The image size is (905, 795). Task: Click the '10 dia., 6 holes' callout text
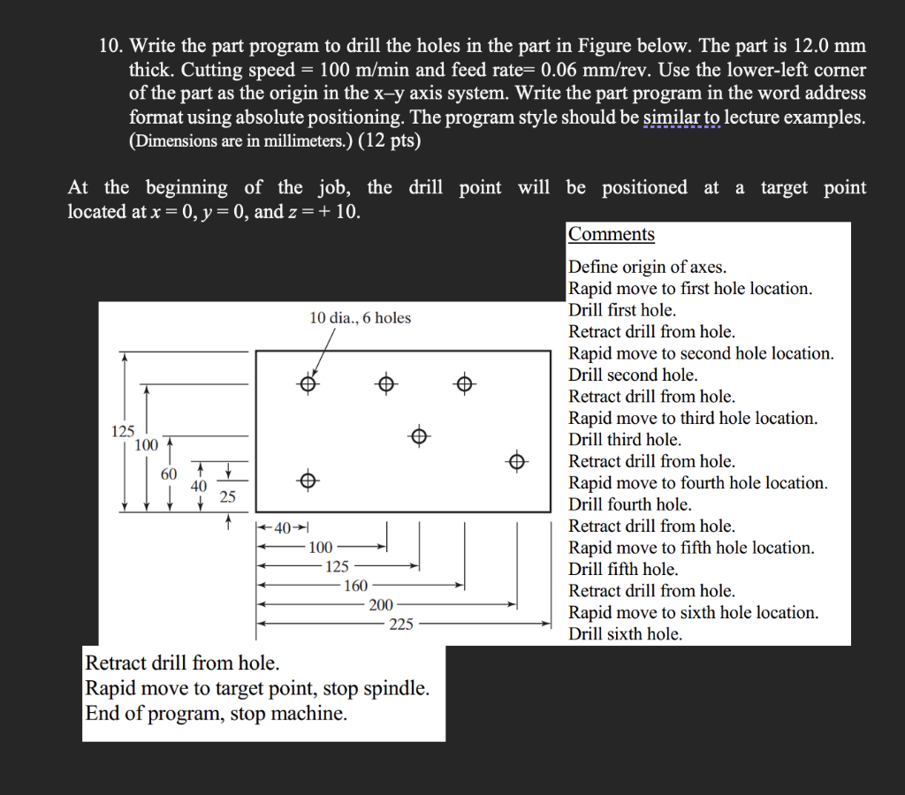coord(360,318)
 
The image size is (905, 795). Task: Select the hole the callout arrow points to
coord(307,384)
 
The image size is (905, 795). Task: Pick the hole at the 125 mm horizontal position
coord(419,435)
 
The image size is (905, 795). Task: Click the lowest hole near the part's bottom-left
coord(307,481)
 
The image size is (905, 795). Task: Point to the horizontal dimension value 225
coord(401,624)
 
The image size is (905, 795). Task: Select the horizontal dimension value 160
coord(355,586)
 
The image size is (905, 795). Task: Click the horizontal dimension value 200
coord(381,605)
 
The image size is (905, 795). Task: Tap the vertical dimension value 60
coord(169,474)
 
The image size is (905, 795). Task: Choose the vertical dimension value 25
coord(228,497)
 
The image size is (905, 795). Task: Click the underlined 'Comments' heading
coord(611,235)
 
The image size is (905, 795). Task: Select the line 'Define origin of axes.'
coord(647,267)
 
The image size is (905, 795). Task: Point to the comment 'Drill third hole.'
coord(624,440)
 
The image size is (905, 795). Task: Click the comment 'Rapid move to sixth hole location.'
coord(693,612)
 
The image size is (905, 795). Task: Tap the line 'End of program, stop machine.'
coord(216,714)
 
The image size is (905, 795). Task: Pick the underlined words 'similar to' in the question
coord(681,117)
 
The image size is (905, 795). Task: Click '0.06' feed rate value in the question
coord(567,70)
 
